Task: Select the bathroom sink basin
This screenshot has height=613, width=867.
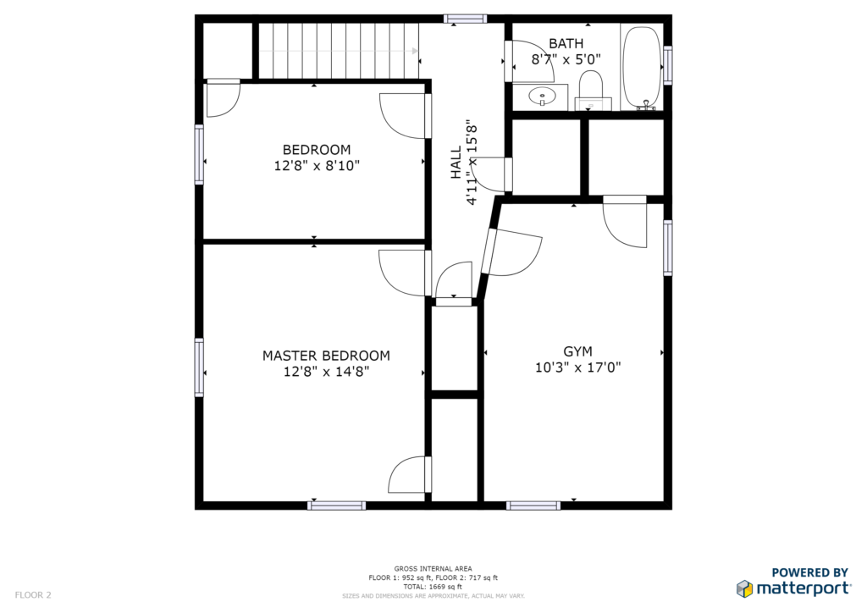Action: click(x=542, y=97)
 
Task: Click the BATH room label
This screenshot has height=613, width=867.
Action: click(x=566, y=43)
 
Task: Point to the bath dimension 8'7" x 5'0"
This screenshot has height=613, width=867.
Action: click(x=566, y=59)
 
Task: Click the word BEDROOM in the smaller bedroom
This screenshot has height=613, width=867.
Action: click(x=317, y=150)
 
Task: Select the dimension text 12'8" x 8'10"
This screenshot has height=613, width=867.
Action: click(x=317, y=165)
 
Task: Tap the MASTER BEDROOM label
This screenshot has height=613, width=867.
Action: click(x=326, y=356)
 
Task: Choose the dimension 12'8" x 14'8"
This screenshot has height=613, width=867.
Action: click(x=326, y=372)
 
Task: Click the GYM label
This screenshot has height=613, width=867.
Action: click(x=577, y=351)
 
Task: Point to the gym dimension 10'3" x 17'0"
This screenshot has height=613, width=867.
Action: click(x=577, y=367)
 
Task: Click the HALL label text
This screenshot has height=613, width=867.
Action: click(x=456, y=163)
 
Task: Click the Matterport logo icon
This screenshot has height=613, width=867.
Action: click(x=745, y=588)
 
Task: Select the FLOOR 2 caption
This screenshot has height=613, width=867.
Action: click(x=33, y=595)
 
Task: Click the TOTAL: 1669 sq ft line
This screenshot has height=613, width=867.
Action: click(x=433, y=587)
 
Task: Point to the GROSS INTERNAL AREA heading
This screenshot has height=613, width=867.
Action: click(x=433, y=569)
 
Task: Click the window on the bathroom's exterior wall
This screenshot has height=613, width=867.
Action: click(x=668, y=65)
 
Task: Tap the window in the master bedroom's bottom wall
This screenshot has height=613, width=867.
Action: click(x=337, y=505)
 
